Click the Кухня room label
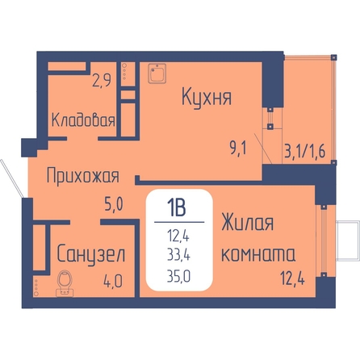click(207, 98)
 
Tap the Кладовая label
click(83, 120)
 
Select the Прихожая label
click(83, 176)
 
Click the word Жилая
click(247, 223)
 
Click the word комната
click(258, 254)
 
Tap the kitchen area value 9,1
click(238, 148)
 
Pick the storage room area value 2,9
click(102, 80)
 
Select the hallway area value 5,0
click(114, 204)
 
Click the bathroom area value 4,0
click(113, 281)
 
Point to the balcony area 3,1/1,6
click(305, 151)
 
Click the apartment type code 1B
click(176, 208)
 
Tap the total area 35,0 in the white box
click(178, 276)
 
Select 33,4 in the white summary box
click(178, 255)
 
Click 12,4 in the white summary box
click(178, 236)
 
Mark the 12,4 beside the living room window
click(293, 278)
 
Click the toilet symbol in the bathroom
click(65, 283)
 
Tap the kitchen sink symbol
click(157, 73)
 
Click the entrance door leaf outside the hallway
click(11, 178)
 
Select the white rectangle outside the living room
click(348, 241)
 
